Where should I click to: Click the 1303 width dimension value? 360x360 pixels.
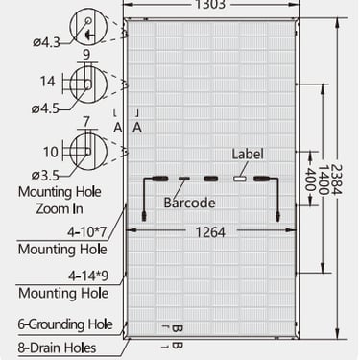click(210, 5)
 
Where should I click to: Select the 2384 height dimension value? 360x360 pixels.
click(337, 180)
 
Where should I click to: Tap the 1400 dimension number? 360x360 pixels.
click(324, 180)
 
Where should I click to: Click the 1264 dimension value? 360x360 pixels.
click(210, 232)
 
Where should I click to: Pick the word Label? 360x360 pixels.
click(248, 154)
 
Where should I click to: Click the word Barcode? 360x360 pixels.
click(189, 203)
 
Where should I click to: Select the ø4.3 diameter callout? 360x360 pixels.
click(46, 42)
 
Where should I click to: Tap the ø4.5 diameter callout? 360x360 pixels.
click(45, 108)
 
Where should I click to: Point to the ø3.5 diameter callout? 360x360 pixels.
click(45, 175)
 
